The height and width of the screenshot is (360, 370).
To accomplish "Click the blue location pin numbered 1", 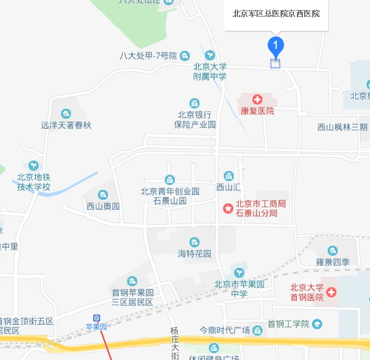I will point(275,46).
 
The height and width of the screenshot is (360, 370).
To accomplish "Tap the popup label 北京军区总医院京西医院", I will point(276,14).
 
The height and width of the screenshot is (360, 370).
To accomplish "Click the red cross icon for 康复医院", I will point(258,99).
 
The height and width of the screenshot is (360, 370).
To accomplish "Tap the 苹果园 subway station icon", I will point(97,318).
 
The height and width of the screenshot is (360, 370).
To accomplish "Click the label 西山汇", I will point(228,187).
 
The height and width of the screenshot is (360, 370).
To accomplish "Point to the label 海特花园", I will point(195,253).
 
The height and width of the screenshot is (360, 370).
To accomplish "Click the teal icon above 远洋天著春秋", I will point(66,114).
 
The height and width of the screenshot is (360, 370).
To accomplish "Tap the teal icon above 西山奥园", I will point(103,195).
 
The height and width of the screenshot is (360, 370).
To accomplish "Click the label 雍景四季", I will point(333,262).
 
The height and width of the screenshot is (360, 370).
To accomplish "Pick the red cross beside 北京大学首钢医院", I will point(332,292).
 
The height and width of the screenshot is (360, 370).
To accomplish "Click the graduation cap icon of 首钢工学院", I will point(317,323).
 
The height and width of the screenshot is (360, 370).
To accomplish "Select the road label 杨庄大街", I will point(174,343).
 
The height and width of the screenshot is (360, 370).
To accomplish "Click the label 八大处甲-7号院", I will point(148,56).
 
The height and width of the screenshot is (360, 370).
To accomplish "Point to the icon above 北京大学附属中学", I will point(210,55).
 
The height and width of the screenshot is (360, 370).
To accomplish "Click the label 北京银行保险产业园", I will point(195,120).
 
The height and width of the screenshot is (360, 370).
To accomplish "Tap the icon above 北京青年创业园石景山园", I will point(170,180).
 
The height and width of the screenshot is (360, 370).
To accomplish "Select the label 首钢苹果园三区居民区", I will point(132,297).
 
